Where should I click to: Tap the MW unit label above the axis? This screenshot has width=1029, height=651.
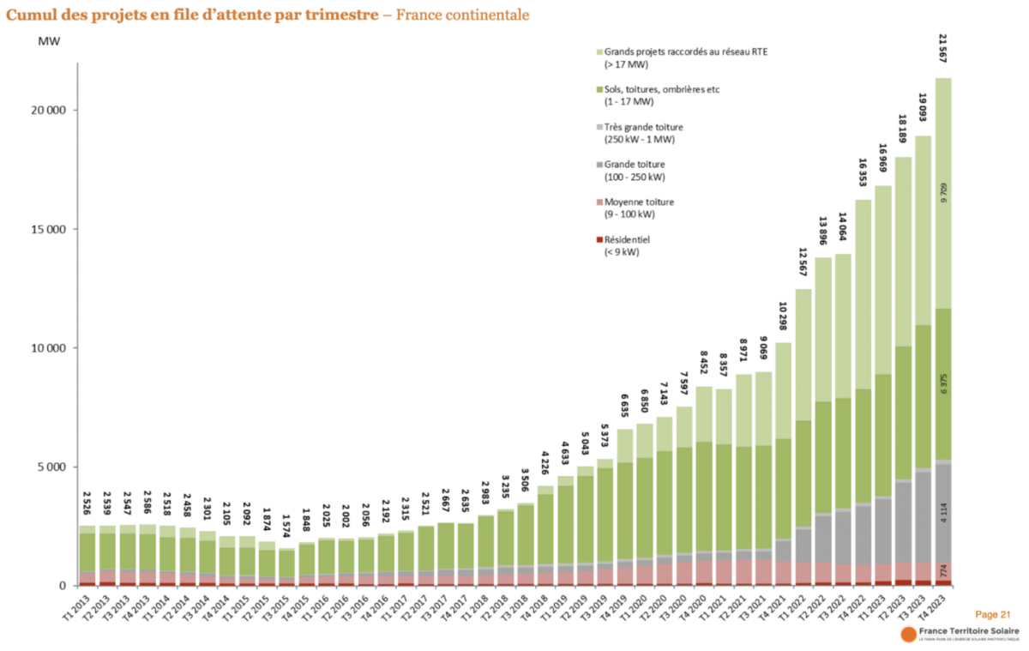click(x=49, y=40)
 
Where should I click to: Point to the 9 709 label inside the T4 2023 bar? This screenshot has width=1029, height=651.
click(x=943, y=193)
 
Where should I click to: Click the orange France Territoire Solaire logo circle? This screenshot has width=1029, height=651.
click(x=907, y=634)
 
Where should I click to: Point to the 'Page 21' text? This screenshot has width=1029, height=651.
click(x=993, y=614)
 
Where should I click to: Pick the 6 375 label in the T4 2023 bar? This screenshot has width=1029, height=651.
click(x=943, y=384)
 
